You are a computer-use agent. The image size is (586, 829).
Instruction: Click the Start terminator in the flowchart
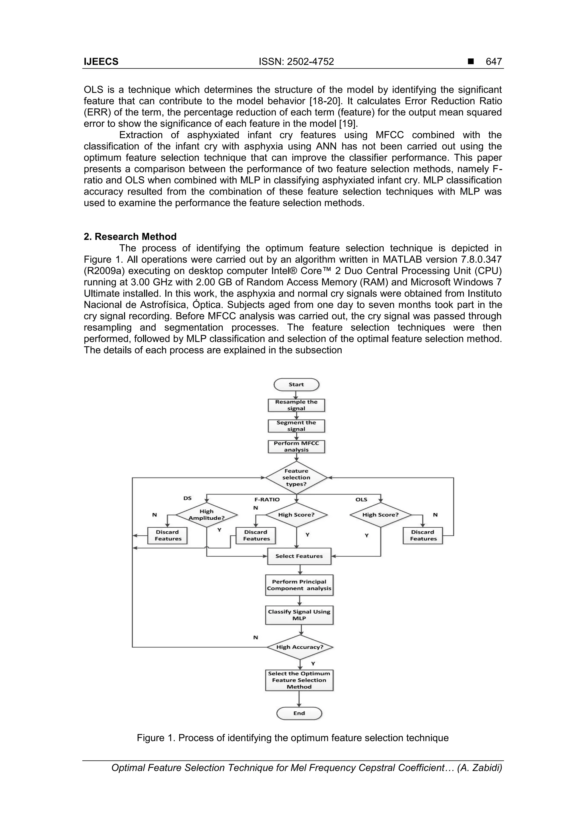(296, 385)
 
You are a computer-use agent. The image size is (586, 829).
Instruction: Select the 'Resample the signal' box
(296, 405)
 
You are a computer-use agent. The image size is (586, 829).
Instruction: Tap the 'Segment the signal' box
(296, 426)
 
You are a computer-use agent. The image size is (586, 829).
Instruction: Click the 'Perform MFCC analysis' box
(296, 447)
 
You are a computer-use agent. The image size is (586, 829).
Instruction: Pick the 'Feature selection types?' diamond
(296, 477)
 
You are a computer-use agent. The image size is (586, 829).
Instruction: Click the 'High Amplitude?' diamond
(207, 515)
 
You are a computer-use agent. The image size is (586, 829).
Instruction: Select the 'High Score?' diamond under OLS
(381, 515)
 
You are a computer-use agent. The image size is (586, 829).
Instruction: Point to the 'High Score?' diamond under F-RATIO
(296, 515)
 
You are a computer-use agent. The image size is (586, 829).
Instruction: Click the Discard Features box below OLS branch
(423, 535)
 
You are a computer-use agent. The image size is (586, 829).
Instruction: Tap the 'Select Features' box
(299, 556)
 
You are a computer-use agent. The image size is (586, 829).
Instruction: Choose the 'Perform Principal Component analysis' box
(299, 585)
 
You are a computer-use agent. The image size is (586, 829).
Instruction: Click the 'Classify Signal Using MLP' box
(299, 615)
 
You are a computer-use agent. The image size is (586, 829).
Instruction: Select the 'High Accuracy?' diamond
(300, 647)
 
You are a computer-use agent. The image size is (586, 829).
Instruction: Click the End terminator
(299, 713)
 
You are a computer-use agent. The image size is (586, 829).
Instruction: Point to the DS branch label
(187, 498)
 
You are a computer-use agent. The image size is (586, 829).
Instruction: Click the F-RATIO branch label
(267, 500)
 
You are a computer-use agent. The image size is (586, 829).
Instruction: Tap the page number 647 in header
(494, 62)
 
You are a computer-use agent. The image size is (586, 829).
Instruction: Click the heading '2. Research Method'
(130, 237)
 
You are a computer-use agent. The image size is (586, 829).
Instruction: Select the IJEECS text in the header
(101, 62)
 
